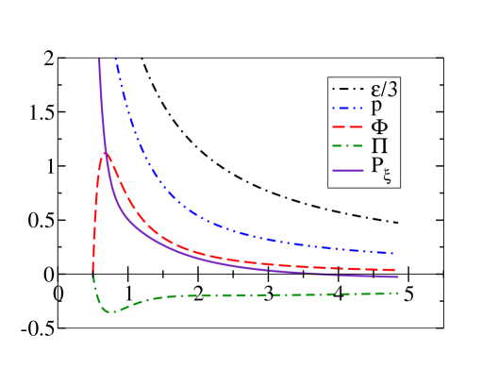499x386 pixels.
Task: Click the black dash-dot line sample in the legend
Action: click(x=346, y=90)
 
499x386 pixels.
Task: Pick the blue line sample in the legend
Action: click(x=346, y=109)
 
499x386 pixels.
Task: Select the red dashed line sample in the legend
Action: click(x=346, y=127)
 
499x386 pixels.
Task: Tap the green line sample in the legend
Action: click(x=346, y=146)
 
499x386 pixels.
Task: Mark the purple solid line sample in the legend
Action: click(x=346, y=166)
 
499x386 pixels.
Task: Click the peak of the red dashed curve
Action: click(x=105, y=153)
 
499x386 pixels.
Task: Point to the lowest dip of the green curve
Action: click(x=110, y=311)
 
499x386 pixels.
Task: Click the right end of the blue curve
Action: click(x=392, y=253)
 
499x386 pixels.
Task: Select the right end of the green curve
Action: click(x=398, y=293)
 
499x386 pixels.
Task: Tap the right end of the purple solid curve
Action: click(x=398, y=277)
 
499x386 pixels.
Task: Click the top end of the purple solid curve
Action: click(x=99, y=59)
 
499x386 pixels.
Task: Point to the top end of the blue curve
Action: click(x=115, y=59)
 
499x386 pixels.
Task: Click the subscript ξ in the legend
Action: click(x=386, y=176)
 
